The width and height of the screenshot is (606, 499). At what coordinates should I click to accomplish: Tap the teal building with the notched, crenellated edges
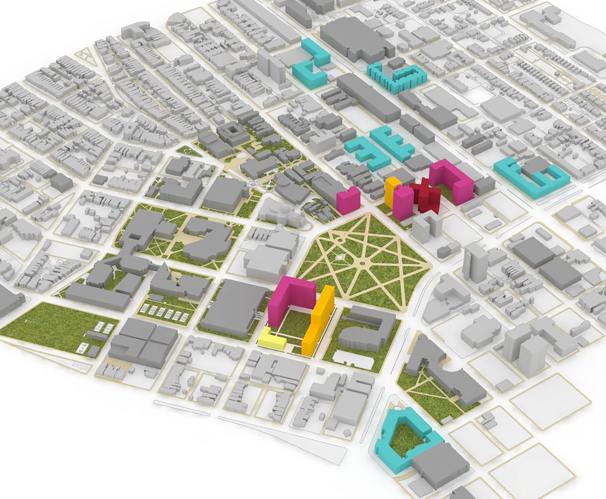394,78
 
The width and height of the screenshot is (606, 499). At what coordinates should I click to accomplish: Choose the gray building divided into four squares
144,342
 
